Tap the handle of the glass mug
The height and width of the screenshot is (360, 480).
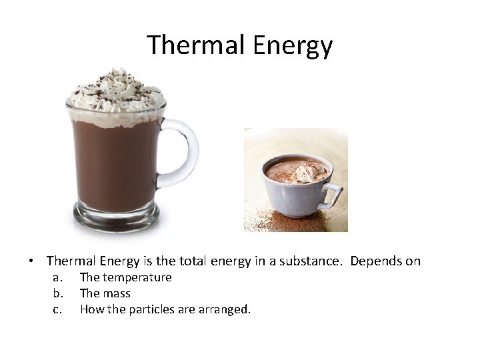[184, 153]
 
